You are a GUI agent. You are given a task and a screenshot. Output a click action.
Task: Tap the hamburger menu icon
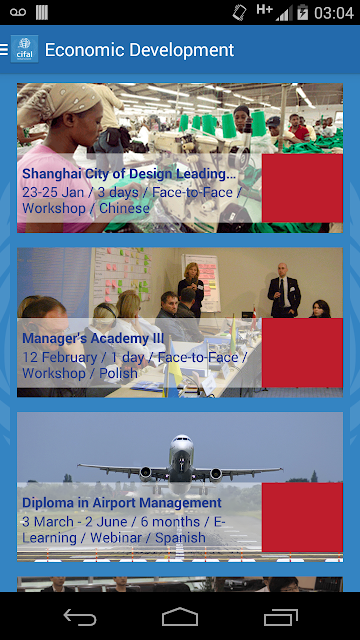(x=4, y=49)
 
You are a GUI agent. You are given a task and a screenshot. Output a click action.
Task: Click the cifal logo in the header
(x=24, y=49)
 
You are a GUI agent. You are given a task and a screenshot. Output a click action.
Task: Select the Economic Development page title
(x=139, y=50)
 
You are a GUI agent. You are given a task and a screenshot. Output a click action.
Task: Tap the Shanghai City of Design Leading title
(x=129, y=174)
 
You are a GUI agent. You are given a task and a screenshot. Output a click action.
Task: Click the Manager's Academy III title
(x=93, y=338)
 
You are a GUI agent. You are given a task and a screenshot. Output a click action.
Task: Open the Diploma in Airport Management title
(x=122, y=502)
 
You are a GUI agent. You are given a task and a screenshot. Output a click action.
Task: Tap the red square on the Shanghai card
(x=302, y=188)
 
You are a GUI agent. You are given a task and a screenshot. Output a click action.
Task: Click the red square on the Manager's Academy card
(x=302, y=353)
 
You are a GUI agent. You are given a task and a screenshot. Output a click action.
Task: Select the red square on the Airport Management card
(x=302, y=517)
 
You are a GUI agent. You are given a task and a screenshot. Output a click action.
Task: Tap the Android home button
(x=180, y=616)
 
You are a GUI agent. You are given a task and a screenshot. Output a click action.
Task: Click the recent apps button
(x=280, y=617)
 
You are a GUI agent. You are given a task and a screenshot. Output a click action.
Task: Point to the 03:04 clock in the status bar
(x=334, y=13)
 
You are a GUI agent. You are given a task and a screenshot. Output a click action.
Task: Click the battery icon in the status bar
(x=302, y=12)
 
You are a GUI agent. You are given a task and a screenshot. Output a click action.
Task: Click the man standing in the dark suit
(x=284, y=290)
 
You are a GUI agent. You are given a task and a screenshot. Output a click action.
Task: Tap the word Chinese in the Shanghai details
(x=124, y=208)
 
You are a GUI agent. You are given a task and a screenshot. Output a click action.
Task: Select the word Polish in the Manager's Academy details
(x=118, y=373)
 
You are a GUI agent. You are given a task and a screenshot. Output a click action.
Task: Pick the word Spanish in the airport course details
(x=180, y=537)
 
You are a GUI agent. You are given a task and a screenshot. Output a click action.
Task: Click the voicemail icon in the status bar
(x=18, y=12)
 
